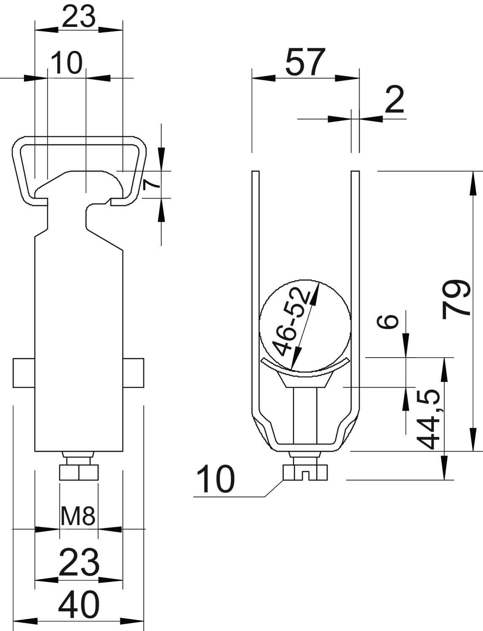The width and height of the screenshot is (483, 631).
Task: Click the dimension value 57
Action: [305, 62]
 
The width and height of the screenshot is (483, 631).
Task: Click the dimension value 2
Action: [395, 99]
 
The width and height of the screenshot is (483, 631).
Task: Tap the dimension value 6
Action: [387, 321]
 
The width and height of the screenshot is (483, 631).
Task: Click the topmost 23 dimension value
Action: [78, 16]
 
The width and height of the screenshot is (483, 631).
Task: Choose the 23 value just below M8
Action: [78, 562]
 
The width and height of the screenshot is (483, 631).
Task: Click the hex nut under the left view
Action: [79, 472]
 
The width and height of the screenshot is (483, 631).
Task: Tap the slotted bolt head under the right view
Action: [305, 472]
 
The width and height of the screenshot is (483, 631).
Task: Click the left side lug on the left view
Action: [24, 373]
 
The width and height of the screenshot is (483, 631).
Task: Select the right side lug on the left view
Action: [133, 373]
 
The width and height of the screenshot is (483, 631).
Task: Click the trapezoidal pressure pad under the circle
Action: [305, 379]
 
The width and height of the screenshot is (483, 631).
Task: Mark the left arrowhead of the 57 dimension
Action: [264, 78]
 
